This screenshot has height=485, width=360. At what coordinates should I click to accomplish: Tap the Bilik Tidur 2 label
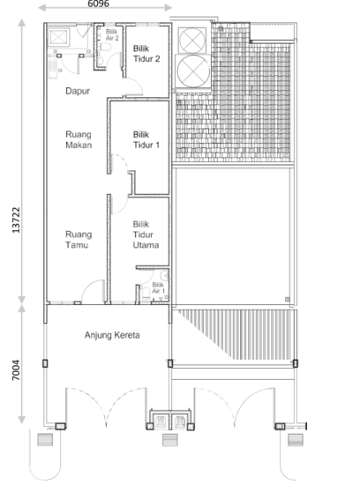coord(146,55)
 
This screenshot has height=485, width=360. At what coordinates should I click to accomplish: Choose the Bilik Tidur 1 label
coord(146,140)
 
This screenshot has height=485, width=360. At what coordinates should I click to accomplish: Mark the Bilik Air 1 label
coord(157,287)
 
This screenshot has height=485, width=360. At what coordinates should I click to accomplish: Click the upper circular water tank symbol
coord(191,41)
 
